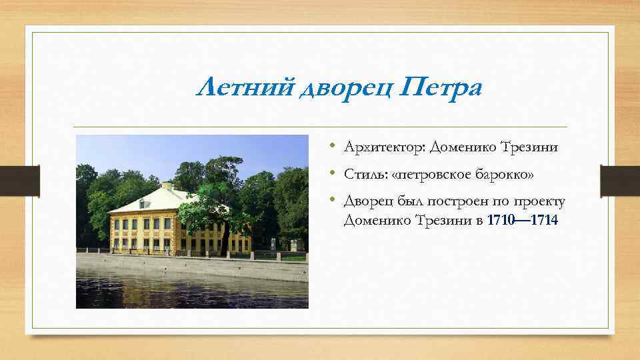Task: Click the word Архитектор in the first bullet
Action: (x=385, y=147)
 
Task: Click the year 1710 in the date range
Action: (x=501, y=221)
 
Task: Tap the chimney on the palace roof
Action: (x=167, y=185)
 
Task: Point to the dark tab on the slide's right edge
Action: (x=619, y=181)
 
